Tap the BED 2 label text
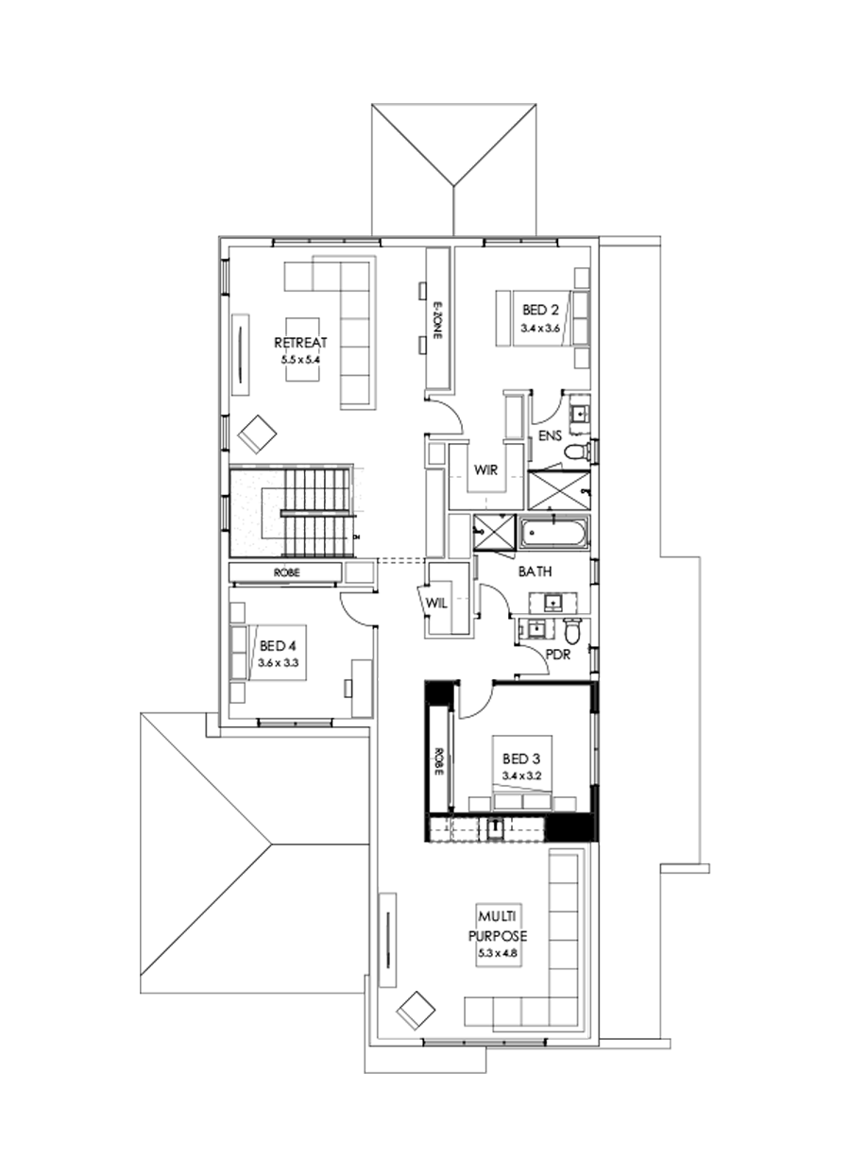click(x=540, y=309)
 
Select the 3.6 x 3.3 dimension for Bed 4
click(x=278, y=663)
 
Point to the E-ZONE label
click(x=437, y=321)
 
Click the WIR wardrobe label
click(x=487, y=469)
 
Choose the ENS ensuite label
click(x=551, y=435)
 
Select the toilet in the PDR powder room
click(x=573, y=629)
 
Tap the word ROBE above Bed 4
click(x=286, y=572)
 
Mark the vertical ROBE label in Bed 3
click(x=439, y=761)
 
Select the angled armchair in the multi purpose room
click(x=416, y=1010)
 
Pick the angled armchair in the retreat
click(x=258, y=434)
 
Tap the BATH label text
click(x=534, y=571)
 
